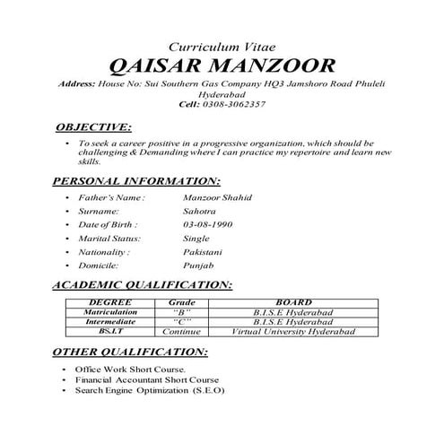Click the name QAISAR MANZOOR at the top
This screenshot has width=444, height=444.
tap(221, 65)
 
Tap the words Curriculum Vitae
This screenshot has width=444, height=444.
tap(221, 45)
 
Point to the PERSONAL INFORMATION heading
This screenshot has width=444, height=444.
tap(136, 180)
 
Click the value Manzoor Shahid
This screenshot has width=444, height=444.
tap(217, 197)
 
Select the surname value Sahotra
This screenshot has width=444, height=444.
tap(198, 212)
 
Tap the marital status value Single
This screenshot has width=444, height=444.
tap(196, 239)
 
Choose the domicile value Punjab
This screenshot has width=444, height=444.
tap(197, 266)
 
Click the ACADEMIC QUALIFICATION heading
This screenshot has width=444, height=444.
tap(144, 284)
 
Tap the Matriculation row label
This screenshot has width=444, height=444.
tap(111, 312)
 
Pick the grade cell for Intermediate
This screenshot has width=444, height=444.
tap(182, 321)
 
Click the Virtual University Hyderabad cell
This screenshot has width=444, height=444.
tap(294, 331)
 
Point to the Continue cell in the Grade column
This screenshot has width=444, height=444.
tap(182, 331)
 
